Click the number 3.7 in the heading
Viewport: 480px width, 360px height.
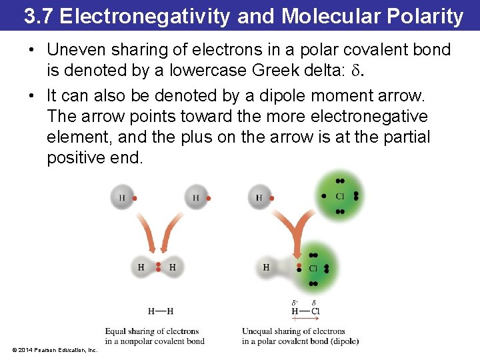coord(38,16)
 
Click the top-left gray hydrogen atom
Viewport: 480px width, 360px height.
coord(123,197)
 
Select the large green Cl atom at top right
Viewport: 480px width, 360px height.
coord(339,196)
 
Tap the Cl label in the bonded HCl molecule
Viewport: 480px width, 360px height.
coord(313,268)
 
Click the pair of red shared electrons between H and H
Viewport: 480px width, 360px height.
coord(158,267)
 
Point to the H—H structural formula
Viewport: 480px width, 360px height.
coord(161,311)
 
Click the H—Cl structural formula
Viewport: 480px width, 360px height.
coord(305,311)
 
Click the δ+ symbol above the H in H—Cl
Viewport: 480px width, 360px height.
coord(295,303)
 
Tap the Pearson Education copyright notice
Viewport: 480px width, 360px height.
coord(55,350)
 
